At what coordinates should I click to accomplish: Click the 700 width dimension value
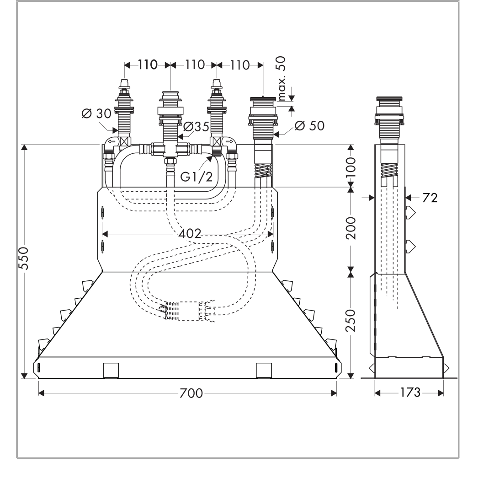tap(188, 393)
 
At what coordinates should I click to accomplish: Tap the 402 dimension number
tap(189, 234)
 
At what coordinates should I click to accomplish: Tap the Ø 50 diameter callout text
tap(310, 126)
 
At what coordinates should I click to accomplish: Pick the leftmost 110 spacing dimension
tap(148, 65)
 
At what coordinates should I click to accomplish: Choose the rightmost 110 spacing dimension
tap(240, 65)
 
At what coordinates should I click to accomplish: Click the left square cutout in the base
tap(111, 370)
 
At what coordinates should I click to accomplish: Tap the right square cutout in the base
tap(264, 370)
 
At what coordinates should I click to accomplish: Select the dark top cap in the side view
tap(388, 100)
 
